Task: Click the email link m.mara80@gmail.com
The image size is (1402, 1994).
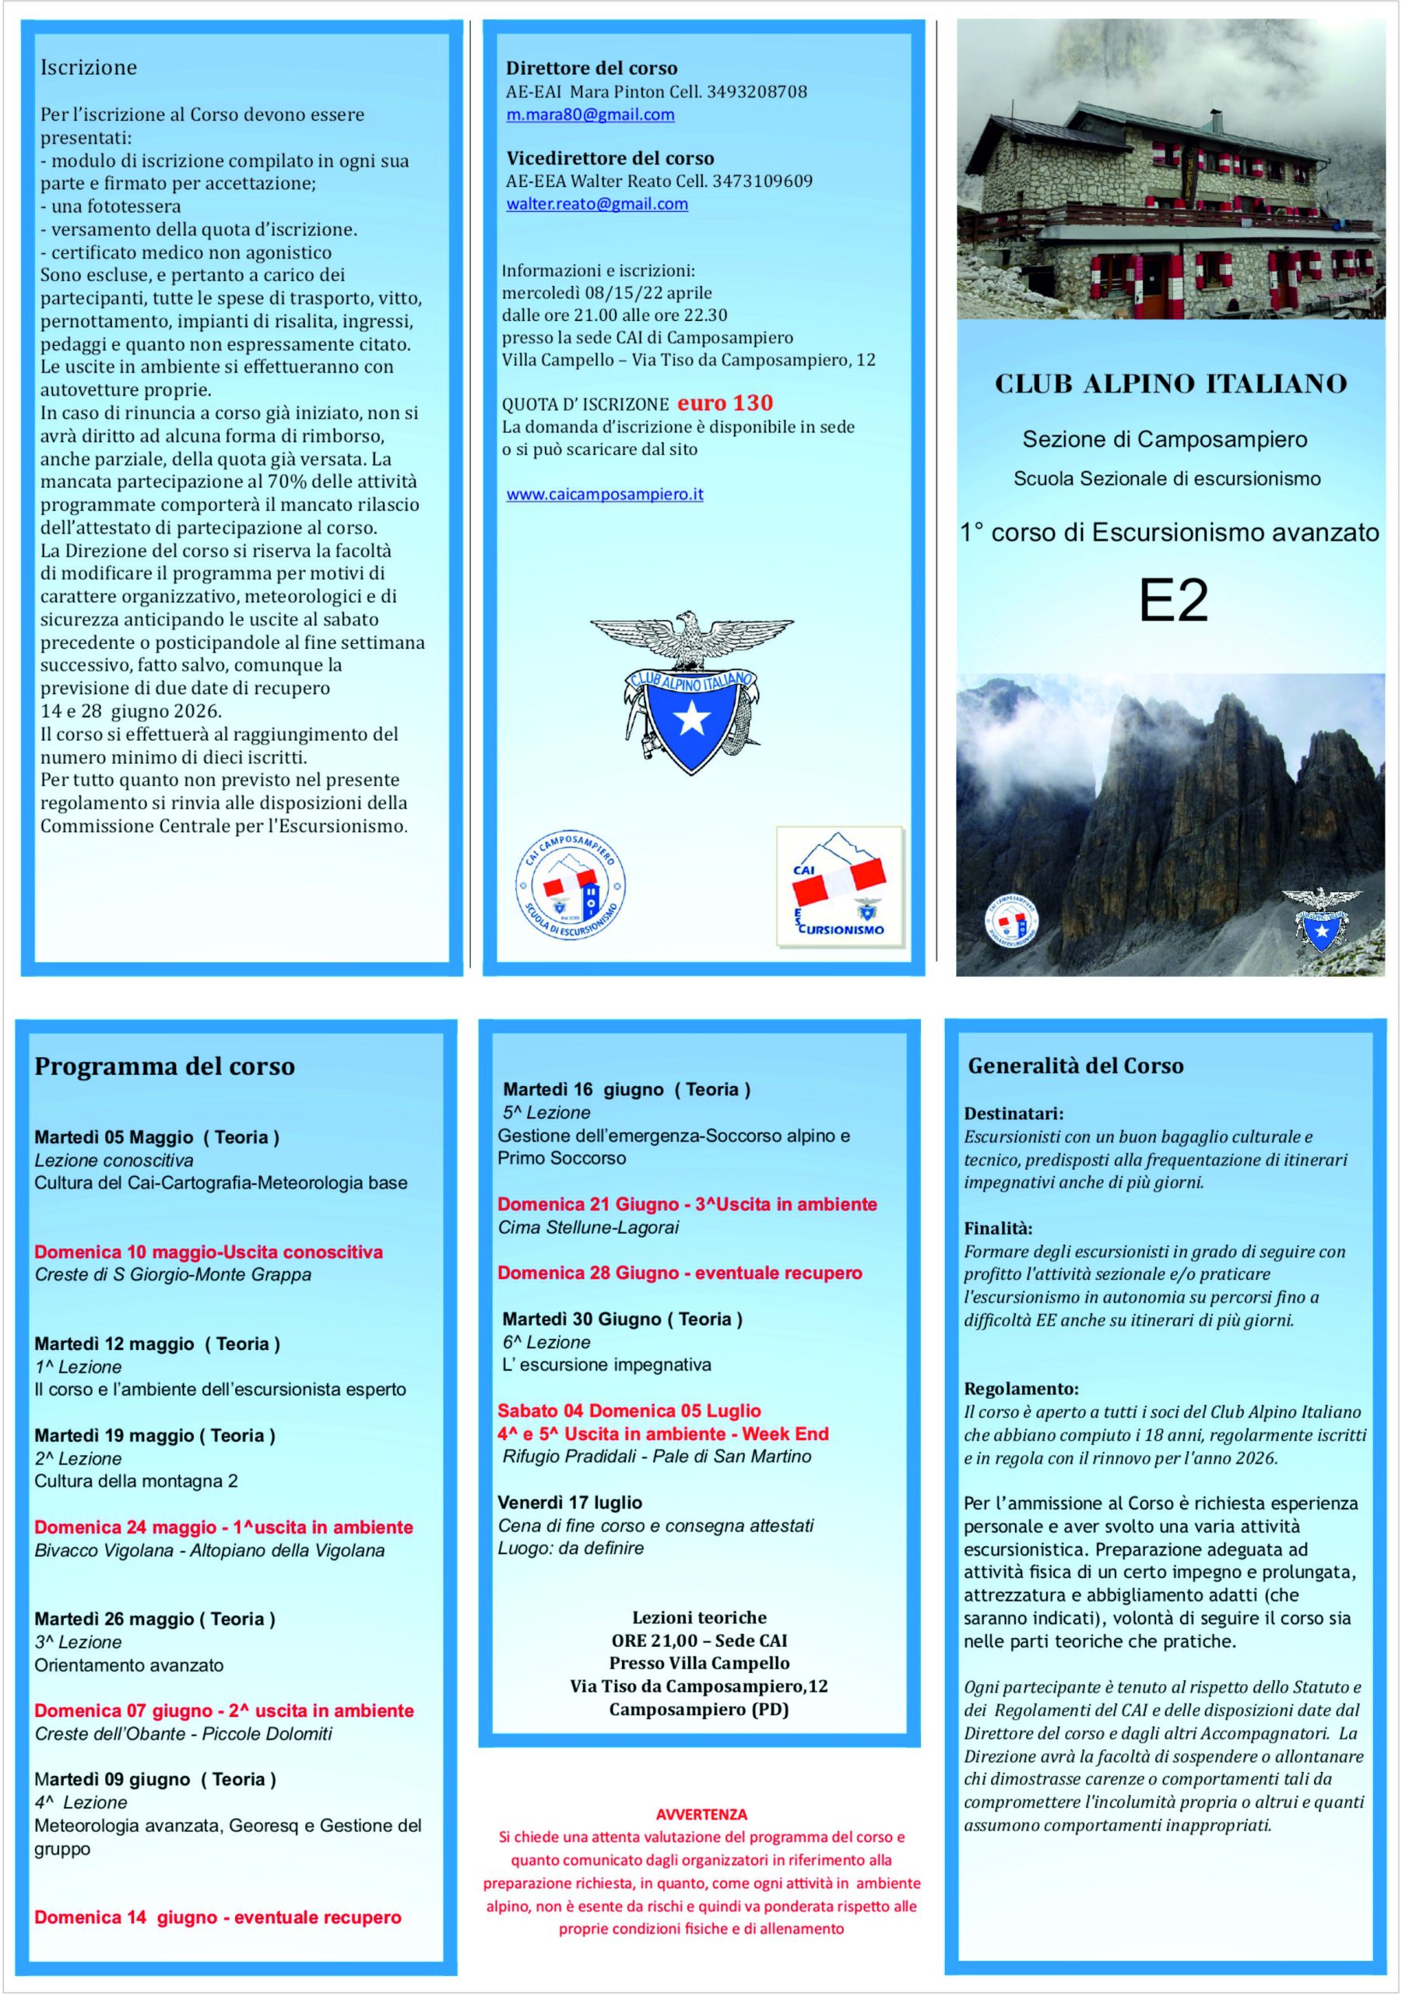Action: point(590,114)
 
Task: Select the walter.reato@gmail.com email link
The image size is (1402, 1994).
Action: point(597,204)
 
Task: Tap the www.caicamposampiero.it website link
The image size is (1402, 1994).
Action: point(605,494)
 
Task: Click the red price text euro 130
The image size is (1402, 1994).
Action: point(725,403)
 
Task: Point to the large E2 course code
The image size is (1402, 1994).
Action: point(1173,599)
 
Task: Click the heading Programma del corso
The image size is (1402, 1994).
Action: point(165,1066)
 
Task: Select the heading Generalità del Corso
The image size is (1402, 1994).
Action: point(1076,1066)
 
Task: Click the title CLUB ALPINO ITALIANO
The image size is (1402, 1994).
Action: point(1170,384)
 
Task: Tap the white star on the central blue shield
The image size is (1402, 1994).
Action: point(693,717)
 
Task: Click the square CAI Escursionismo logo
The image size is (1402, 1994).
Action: point(838,886)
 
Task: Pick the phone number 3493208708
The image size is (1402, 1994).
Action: point(757,92)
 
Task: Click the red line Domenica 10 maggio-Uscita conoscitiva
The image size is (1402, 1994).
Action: point(209,1252)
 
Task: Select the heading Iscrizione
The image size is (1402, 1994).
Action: point(89,68)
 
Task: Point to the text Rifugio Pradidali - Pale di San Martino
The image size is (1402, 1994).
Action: point(656,1457)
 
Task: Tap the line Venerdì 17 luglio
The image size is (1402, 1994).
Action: point(570,1503)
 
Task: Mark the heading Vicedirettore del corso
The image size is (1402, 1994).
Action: point(610,159)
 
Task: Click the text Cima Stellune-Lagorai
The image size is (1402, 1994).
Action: point(588,1227)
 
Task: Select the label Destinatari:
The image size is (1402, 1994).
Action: point(1013,1113)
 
